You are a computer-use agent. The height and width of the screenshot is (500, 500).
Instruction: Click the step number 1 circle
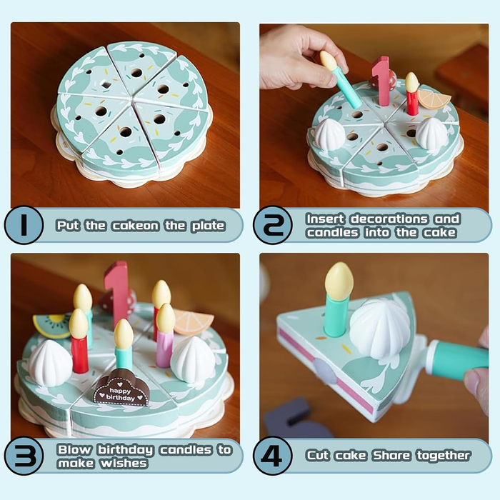coord(24,225)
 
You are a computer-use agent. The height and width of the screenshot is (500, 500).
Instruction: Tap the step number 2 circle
coord(272,225)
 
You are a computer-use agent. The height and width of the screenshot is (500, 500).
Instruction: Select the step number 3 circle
coord(24,456)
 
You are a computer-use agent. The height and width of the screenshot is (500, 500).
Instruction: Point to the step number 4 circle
coord(272,456)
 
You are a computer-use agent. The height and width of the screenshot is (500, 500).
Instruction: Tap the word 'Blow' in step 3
coord(74,449)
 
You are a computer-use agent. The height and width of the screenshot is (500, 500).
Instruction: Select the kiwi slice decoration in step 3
coord(51,326)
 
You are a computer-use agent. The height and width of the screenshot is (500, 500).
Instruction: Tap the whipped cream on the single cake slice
coord(381,329)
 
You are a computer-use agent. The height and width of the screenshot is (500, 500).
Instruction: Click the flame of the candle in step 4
coord(339,281)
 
